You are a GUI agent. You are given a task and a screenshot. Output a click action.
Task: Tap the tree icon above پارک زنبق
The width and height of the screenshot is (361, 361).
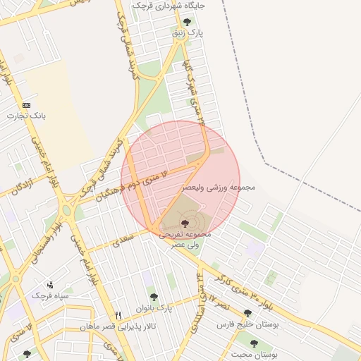click(185, 23)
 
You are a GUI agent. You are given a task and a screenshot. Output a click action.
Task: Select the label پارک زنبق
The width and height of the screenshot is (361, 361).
click(190, 33)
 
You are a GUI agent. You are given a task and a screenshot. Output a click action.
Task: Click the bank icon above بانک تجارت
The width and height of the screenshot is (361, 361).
click(27, 104)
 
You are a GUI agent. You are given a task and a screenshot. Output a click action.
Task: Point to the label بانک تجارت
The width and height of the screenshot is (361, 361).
click(25, 115)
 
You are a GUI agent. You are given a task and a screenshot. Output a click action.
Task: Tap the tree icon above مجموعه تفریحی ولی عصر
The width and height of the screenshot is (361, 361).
click(185, 222)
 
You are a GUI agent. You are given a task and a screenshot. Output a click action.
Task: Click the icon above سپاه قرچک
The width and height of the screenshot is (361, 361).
click(50, 285)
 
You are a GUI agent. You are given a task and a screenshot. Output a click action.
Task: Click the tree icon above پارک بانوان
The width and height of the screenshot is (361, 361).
click(154, 297)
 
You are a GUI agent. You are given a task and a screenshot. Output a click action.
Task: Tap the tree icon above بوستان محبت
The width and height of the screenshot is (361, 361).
click(254, 343)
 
